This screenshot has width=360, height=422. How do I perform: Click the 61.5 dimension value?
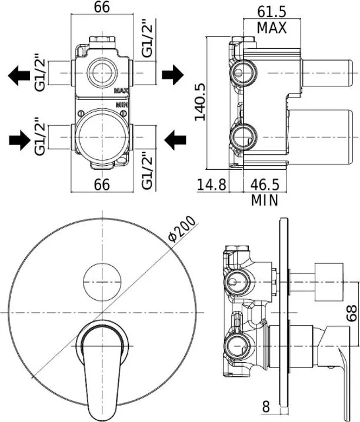click(272, 11)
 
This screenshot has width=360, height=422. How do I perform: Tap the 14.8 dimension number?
click(212, 185)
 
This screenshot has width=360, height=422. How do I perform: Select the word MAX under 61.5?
click(272, 27)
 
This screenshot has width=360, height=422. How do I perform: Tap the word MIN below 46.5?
click(264, 200)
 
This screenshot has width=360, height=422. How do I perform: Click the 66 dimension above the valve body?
click(102, 9)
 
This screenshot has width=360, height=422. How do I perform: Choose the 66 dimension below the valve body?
click(102, 185)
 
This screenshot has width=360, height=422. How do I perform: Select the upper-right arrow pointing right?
click(172, 75)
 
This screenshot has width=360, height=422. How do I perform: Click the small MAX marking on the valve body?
click(122, 91)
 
